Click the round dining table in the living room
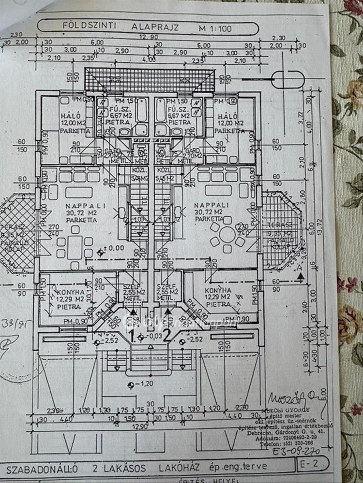(x=226, y=237)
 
